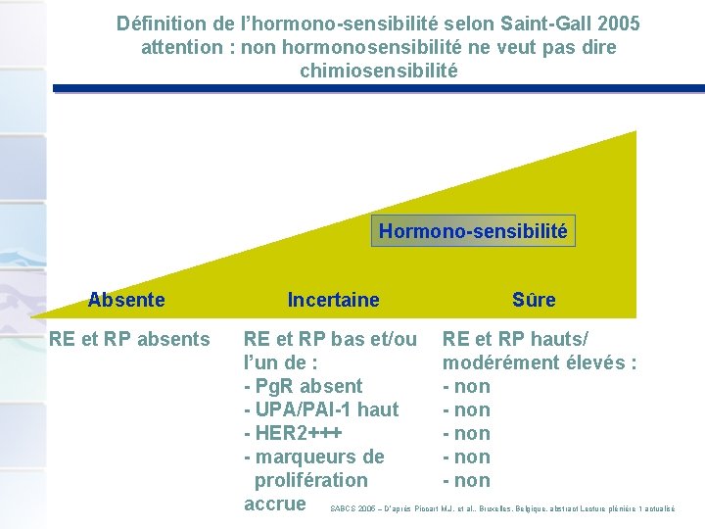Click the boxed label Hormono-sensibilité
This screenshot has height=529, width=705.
click(473, 231)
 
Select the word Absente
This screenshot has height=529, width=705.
click(126, 300)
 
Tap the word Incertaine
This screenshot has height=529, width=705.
click(333, 300)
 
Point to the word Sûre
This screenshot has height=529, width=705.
click(534, 300)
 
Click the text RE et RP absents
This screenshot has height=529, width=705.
click(130, 339)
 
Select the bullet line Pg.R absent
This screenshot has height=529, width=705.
click(303, 386)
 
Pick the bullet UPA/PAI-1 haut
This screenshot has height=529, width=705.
click(321, 409)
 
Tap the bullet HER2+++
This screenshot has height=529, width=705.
click(294, 433)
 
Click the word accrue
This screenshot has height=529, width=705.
click(275, 504)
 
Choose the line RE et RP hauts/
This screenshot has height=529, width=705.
click(516, 339)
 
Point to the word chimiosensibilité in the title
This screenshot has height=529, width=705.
click(378, 71)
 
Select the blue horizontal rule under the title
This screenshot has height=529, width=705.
click(378, 88)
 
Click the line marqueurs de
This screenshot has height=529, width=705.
click(313, 457)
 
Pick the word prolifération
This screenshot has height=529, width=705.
click(311, 480)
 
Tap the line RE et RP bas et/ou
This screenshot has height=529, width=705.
click(330, 339)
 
